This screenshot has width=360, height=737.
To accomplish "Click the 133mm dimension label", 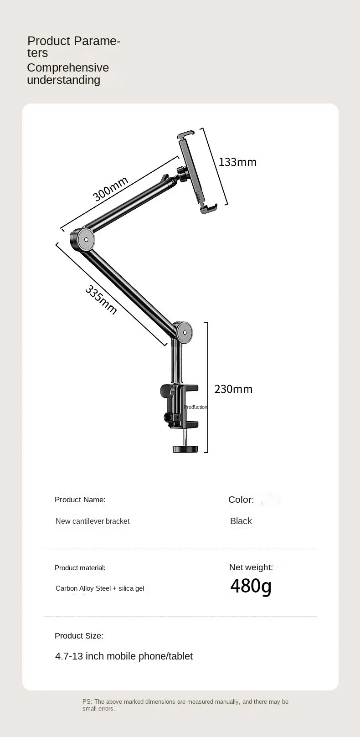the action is pos(237,162).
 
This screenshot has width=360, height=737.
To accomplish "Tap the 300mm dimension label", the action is pos(110,189).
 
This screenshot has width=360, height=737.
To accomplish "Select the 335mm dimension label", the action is pos(101,300).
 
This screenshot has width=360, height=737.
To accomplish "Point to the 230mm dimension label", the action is pos(233,389).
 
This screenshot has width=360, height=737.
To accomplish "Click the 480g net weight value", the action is pos(251,586).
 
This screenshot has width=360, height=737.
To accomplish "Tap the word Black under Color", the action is pos(241,521).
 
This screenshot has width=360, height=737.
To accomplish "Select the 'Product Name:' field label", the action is pos(80,500).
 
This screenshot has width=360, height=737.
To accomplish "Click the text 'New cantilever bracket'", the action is pos(93,521).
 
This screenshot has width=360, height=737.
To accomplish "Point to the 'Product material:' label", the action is pos(80,567).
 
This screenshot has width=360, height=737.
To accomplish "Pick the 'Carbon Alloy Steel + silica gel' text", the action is pos(100,588).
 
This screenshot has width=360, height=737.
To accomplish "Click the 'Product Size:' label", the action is pos(79,636).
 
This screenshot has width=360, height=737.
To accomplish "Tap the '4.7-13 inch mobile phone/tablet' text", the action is pos(124,656).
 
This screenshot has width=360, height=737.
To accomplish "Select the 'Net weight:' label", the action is pos(251,567).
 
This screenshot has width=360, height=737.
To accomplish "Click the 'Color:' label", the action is pos(241,500).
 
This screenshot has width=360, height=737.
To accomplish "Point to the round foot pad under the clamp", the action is pos(186,449).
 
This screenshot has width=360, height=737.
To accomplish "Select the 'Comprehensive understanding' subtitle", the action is pos(68,74).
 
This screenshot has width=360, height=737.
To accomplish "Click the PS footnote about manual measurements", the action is pos(185,705).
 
